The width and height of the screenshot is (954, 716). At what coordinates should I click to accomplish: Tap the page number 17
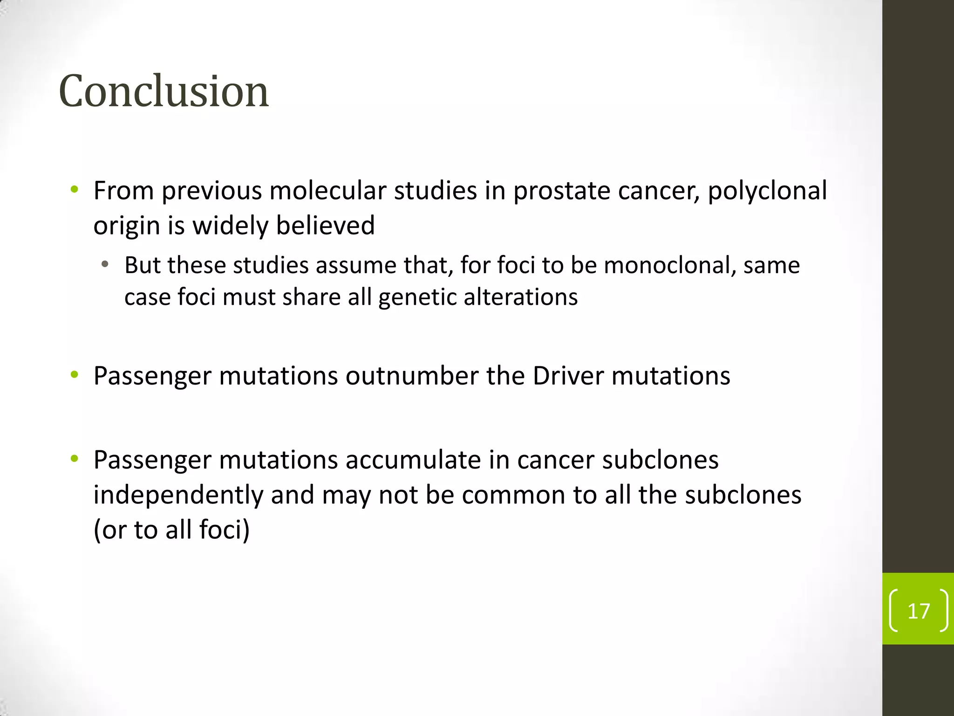pyautogui.click(x=919, y=611)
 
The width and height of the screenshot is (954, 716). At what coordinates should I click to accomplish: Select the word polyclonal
pyautogui.click(x=767, y=191)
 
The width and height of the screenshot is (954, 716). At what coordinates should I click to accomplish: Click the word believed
pyautogui.click(x=325, y=226)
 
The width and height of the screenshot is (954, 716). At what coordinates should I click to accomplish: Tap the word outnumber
pyautogui.click(x=412, y=376)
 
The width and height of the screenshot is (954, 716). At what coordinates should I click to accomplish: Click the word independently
pyautogui.click(x=178, y=495)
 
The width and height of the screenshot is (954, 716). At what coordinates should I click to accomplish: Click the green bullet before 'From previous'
pyautogui.click(x=74, y=190)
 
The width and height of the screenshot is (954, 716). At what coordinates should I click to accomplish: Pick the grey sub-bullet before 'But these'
pyautogui.click(x=105, y=265)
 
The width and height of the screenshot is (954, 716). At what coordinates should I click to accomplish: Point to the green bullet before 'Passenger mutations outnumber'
pyautogui.click(x=74, y=375)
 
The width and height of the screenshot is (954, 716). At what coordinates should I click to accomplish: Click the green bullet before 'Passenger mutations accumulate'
pyautogui.click(x=74, y=459)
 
